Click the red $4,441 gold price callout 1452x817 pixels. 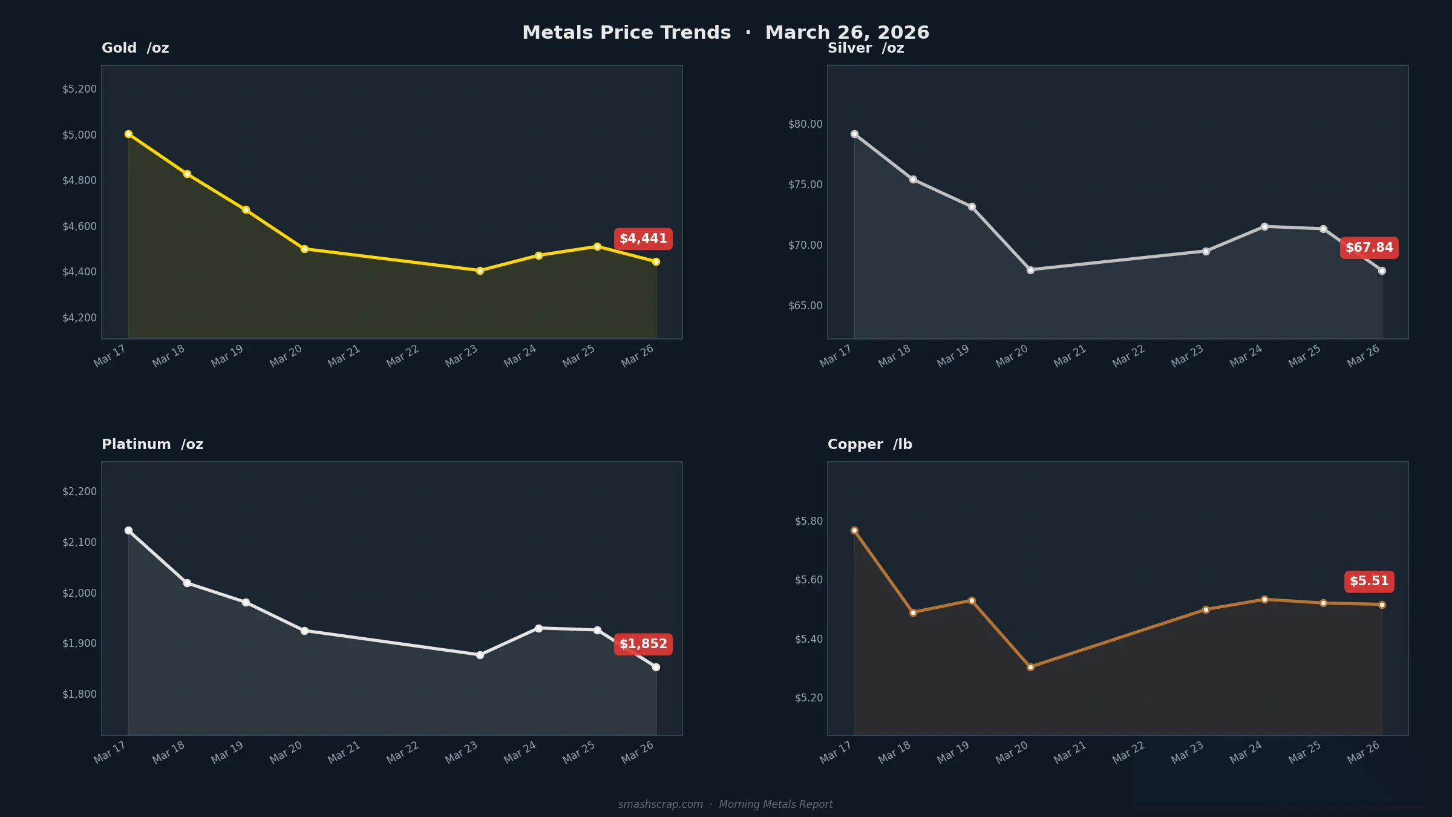643,238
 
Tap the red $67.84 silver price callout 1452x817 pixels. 1369,248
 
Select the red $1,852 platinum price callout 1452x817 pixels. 643,644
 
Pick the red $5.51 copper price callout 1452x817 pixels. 1369,581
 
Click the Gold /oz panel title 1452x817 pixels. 135,48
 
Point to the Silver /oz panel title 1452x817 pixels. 866,48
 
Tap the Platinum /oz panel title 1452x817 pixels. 152,444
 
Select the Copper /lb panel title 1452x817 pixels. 869,444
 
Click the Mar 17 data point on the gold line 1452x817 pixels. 128,134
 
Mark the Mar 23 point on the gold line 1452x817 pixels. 480,271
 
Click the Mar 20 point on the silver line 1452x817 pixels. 1030,270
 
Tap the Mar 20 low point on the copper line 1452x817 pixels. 1030,667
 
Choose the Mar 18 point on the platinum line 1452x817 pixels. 187,583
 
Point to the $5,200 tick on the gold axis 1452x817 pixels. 79,89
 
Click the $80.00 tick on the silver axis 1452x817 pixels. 805,124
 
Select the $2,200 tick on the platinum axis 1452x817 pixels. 79,491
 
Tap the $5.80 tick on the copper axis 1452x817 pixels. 809,521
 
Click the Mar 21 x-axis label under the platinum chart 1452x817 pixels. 344,752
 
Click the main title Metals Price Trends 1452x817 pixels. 627,32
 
